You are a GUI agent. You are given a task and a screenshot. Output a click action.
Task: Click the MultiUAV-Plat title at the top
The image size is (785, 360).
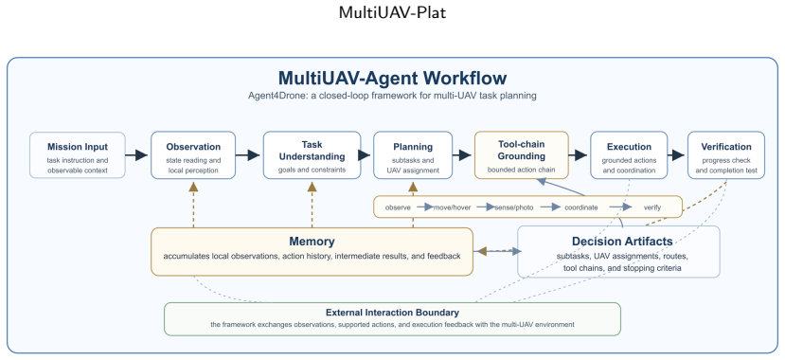click(392, 12)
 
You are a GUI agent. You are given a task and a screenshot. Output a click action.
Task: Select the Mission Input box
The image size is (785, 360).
click(78, 155)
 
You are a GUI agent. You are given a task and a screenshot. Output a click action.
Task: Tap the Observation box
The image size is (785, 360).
click(193, 155)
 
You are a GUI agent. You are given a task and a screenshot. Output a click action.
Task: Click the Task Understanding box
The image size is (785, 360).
click(312, 155)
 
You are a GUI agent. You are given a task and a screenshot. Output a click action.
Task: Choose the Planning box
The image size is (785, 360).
click(413, 155)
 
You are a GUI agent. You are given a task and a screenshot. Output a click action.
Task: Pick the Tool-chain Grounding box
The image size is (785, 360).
click(522, 155)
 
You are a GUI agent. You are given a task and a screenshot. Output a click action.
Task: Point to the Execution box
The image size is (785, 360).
click(629, 155)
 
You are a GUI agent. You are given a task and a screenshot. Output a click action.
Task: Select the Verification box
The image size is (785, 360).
click(726, 155)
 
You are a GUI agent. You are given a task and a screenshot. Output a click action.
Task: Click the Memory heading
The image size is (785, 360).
click(312, 242)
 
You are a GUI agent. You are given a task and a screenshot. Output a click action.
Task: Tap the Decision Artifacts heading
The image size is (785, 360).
click(622, 242)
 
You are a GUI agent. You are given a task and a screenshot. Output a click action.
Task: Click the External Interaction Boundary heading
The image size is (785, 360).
click(392, 313)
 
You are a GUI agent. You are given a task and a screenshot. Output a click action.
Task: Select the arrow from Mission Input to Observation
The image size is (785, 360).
click(136, 155)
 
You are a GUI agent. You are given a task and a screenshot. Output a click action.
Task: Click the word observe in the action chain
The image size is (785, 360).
click(399, 207)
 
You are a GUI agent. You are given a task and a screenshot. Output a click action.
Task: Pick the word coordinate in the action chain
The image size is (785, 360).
click(581, 207)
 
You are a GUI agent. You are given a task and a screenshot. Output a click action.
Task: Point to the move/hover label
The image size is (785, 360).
click(452, 207)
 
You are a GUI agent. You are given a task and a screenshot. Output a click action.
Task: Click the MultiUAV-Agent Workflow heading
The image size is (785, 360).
click(392, 79)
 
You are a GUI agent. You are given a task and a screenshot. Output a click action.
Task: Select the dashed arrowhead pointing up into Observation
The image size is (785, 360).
click(193, 187)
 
